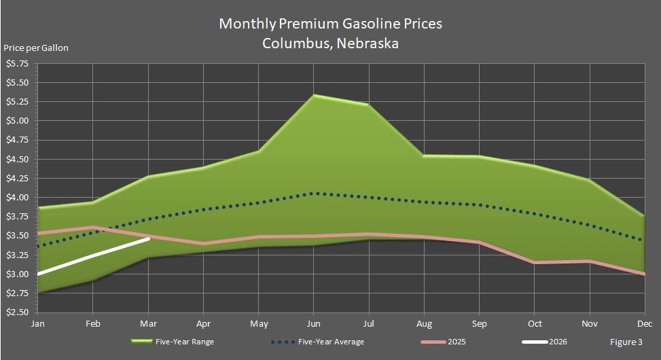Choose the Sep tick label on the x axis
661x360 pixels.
478,323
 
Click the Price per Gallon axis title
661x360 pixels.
36,48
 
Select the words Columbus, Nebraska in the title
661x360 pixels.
330,43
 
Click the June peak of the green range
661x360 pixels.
312,96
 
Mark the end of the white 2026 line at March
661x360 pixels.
148,238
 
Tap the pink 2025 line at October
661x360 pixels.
534,262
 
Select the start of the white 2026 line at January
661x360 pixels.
38,274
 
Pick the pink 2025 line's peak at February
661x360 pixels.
93,227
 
